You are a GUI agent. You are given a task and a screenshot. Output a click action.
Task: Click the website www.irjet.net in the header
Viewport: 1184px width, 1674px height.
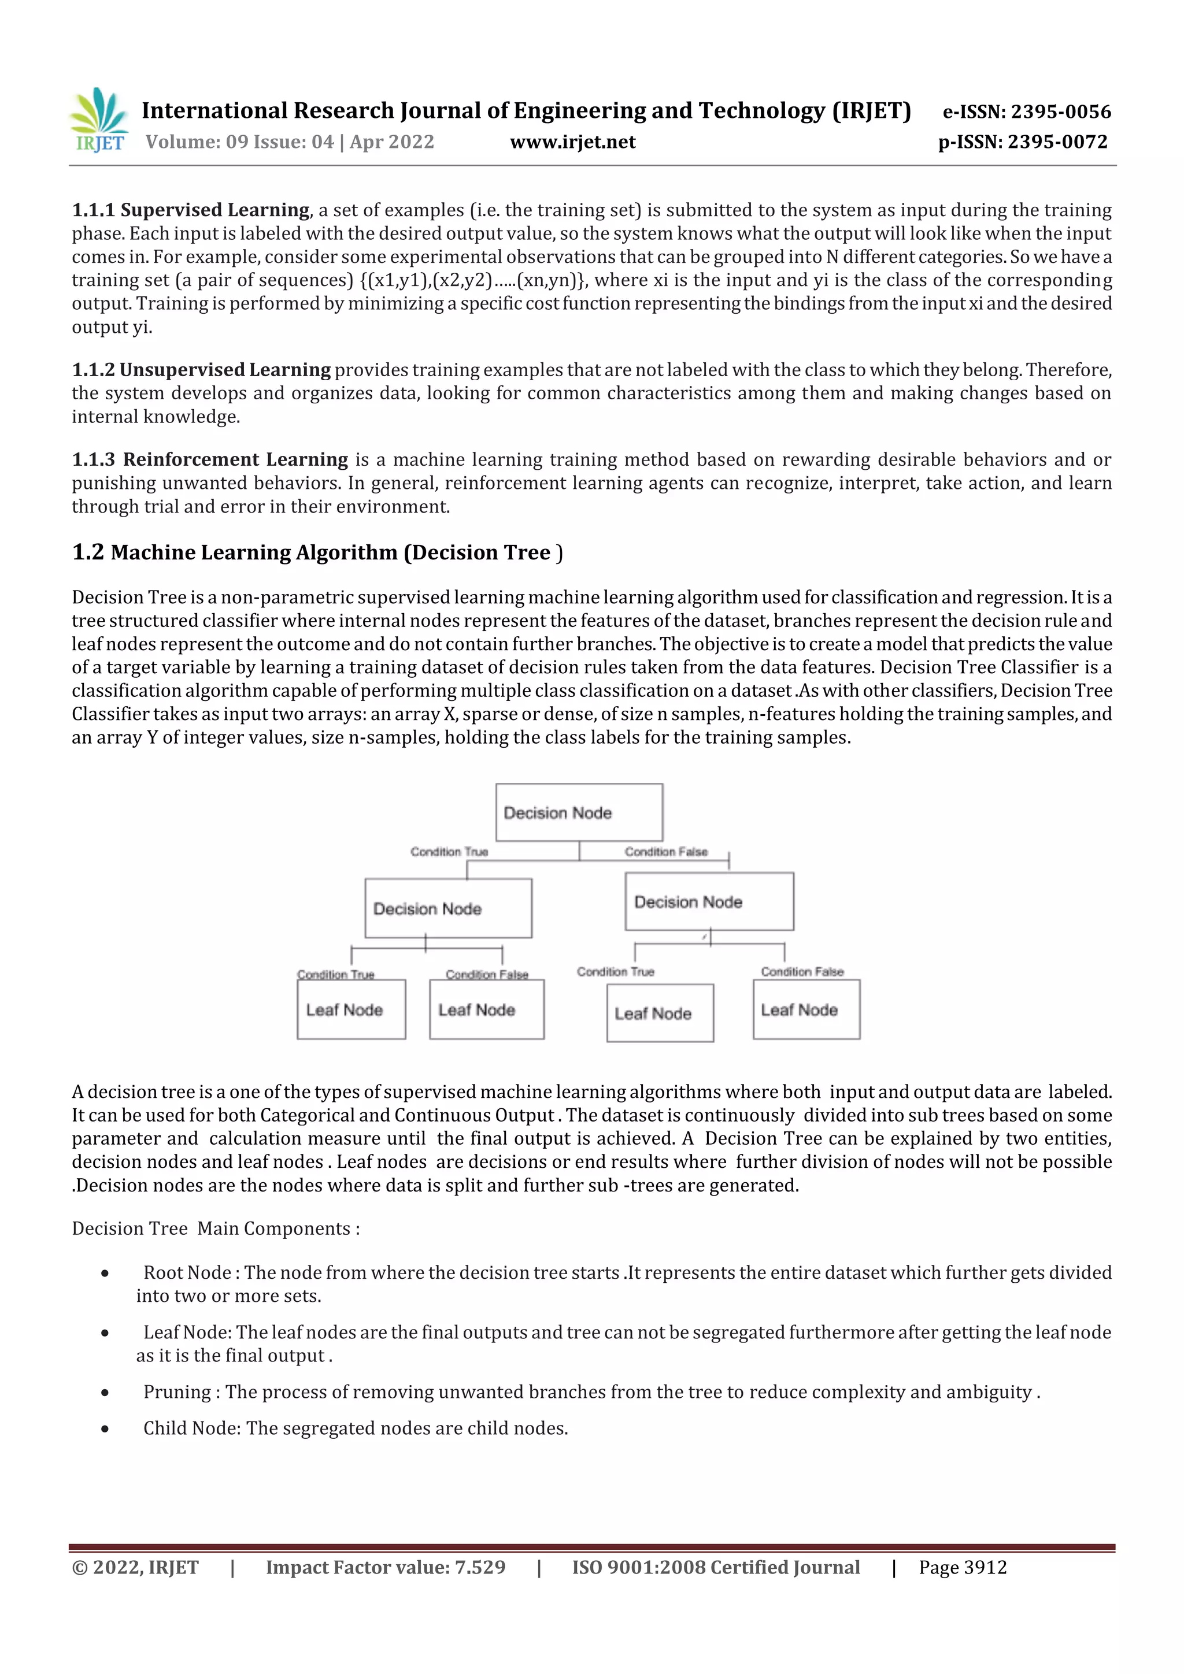pos(573,142)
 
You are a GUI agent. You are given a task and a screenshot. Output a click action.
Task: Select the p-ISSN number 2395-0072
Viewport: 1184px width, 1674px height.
pos(1057,142)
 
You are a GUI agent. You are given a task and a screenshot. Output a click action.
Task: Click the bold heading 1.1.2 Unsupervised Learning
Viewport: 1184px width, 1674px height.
pos(201,370)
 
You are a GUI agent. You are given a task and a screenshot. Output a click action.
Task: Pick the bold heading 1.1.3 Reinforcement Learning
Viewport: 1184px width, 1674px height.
pos(210,459)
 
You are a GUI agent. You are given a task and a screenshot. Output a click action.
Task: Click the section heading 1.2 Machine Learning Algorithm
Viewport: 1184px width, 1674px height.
pos(317,552)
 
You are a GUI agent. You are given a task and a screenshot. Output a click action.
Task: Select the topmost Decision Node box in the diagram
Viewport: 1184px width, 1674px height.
pos(579,812)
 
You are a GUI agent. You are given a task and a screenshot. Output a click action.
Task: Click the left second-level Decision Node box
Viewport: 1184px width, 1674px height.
pos(448,908)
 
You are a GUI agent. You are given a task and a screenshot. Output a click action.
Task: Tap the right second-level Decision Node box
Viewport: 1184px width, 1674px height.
pos(709,901)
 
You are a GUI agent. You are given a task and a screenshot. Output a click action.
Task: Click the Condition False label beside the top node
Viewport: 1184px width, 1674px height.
pos(665,852)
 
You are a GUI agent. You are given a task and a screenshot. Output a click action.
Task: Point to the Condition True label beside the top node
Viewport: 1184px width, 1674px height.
pos(449,852)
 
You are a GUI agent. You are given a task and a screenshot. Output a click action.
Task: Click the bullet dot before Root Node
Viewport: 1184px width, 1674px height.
pos(105,1273)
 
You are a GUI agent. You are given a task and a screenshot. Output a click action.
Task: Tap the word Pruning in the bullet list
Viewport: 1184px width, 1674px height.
pos(176,1392)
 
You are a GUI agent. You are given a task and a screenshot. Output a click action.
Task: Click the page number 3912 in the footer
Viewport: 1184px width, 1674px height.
pos(985,1568)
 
